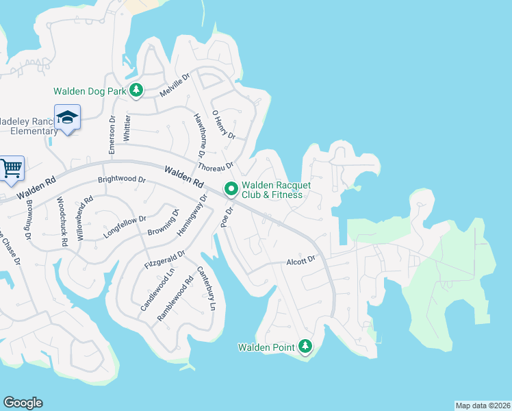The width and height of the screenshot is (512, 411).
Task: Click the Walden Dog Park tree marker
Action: coord(136,90)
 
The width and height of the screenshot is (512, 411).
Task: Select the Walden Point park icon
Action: coord(305,346)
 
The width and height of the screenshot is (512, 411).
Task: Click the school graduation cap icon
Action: coord(68,118)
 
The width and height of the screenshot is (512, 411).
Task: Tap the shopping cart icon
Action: coord(11,168)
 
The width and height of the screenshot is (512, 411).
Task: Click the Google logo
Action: coord(23,403)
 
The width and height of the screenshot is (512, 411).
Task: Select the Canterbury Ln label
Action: coord(206,289)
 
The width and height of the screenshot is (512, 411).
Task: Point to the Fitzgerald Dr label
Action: coord(164,259)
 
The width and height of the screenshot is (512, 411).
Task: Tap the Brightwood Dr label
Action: coord(122,180)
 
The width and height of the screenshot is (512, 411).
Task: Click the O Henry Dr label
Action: coord(223,125)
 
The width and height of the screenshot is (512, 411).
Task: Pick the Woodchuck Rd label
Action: coord(62,221)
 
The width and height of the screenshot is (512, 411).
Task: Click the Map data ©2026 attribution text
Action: coord(483,406)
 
